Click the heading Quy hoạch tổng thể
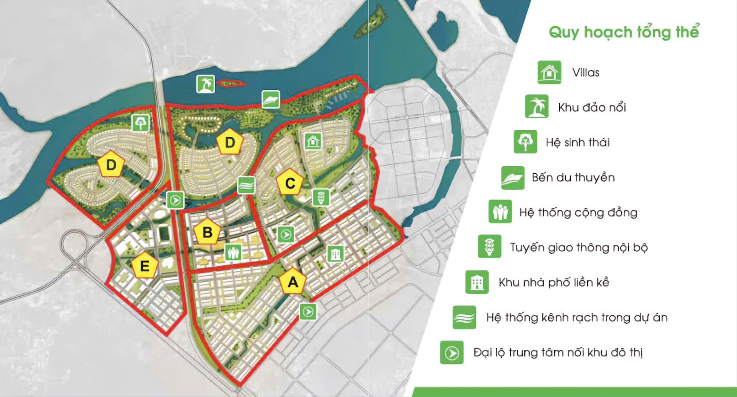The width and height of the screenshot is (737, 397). coord(624,32)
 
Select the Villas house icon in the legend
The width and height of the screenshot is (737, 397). coord(549,72)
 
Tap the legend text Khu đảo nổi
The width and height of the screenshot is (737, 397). coord(592,107)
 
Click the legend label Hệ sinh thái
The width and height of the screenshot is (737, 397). coord(577,142)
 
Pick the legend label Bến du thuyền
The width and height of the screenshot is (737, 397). coord(573,177)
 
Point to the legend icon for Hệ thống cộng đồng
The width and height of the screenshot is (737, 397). coord(500,212)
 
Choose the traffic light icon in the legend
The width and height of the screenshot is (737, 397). coord(489,246)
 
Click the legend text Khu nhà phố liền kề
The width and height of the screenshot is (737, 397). coord(554,282)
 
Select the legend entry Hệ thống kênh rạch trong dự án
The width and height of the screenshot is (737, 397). coord(577,317)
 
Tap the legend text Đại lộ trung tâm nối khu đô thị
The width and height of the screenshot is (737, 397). coord(558,352)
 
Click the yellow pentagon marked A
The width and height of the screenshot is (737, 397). coord(293,281)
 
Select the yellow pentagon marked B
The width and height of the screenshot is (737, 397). coord(207,232)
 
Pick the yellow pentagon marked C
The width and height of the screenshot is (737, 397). coord(290,183)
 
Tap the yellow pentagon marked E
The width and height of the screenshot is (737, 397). coord(144,265)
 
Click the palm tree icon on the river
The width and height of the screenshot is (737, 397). coord(205,84)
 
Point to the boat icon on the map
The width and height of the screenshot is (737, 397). coord(271,99)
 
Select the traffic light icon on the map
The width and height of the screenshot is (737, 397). coord(321,197)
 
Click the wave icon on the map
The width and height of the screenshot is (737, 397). coord(246,185)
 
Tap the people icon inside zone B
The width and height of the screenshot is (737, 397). coord(233,252)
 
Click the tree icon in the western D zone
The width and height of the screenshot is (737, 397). coord(140,123)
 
